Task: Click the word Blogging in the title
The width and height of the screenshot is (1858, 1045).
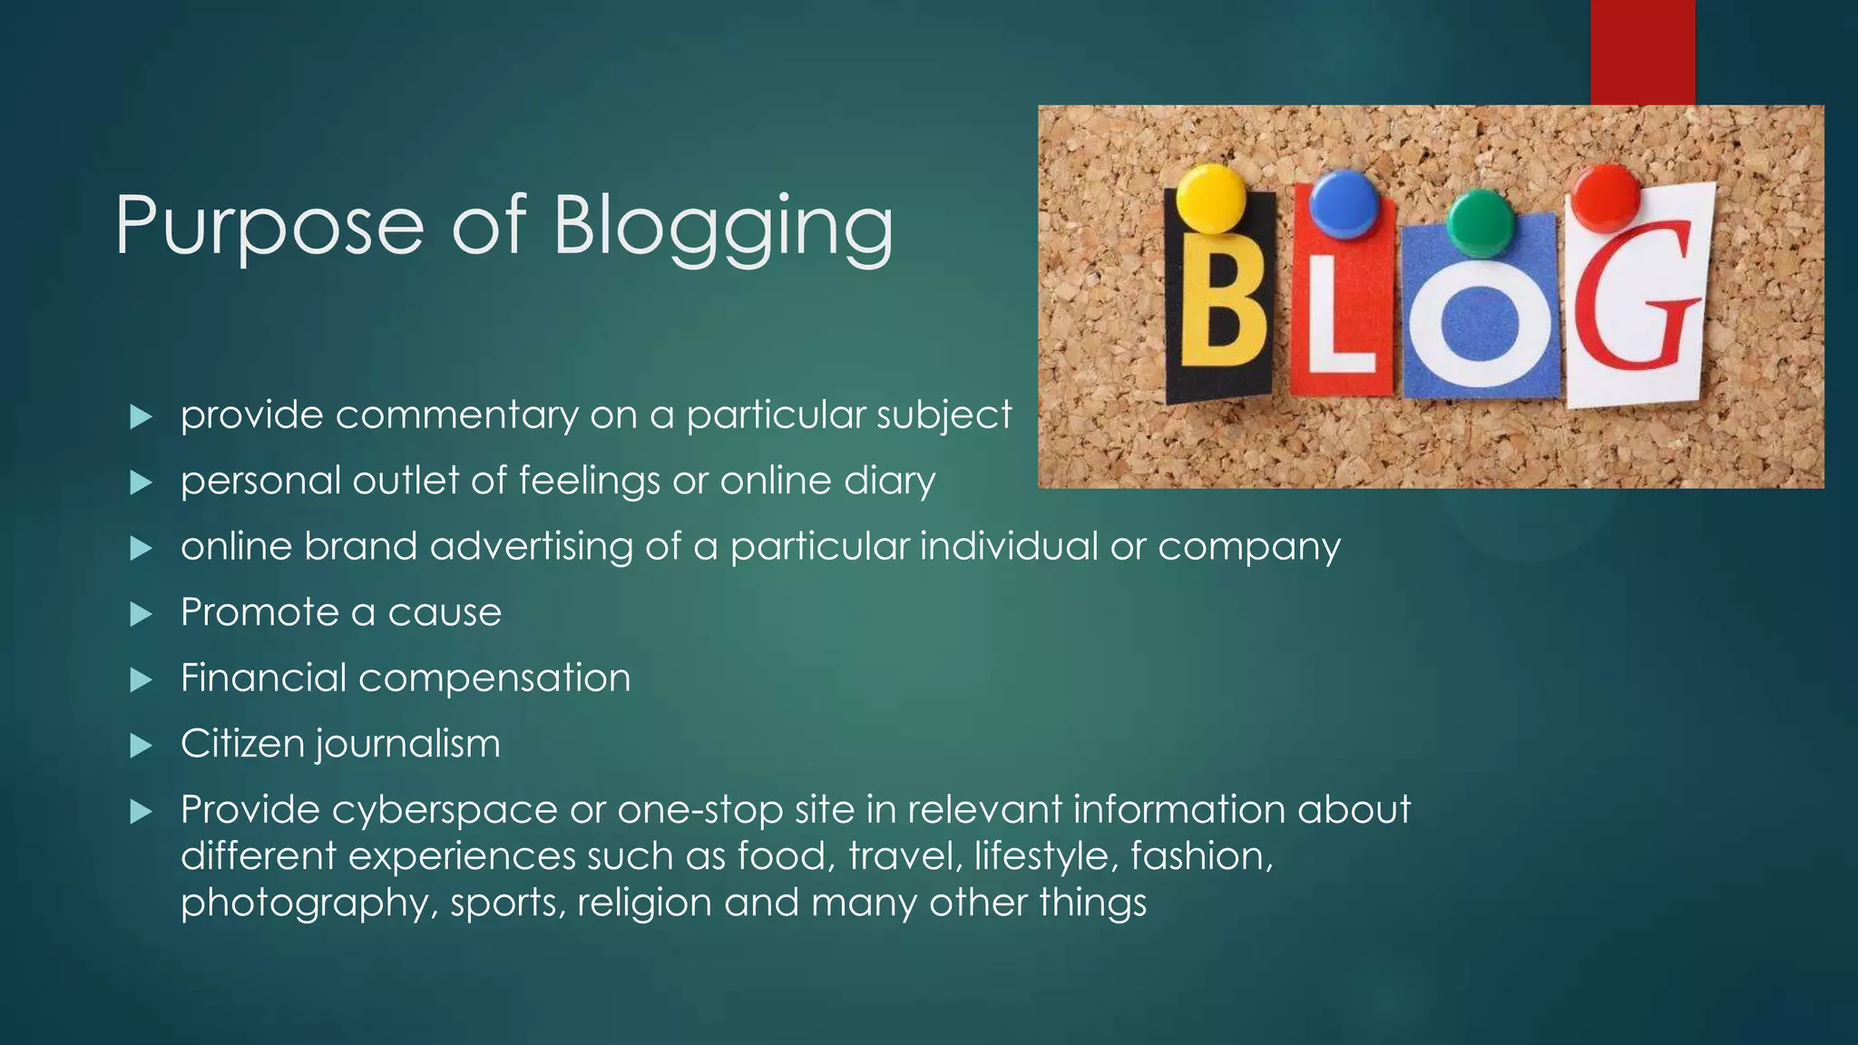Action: tap(723, 227)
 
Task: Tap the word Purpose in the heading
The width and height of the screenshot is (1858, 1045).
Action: tap(269, 227)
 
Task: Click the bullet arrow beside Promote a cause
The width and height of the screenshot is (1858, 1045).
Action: tap(141, 614)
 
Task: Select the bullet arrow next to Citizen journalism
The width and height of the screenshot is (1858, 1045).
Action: tap(141, 746)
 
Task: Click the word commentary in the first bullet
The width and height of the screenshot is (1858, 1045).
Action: tap(456, 415)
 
